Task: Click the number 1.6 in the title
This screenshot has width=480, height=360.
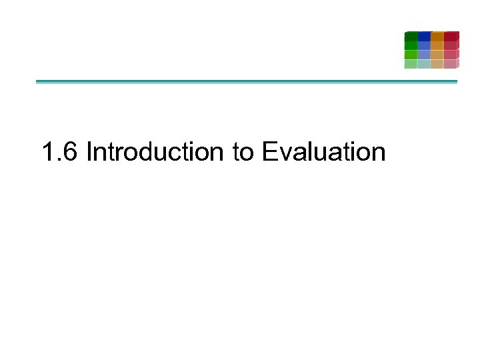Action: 60,152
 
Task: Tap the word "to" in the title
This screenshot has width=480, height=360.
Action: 243,152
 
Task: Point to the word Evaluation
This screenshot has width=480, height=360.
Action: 323,152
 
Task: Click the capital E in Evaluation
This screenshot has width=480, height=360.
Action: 269,152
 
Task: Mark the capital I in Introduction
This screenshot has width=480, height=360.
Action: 89,152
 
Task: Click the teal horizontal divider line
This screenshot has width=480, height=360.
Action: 247,82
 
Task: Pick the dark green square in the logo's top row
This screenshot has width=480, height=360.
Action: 411,36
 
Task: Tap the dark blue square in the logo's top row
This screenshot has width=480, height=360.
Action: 424,36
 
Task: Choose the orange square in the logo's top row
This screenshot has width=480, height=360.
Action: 437,36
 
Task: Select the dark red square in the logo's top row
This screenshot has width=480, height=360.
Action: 451,36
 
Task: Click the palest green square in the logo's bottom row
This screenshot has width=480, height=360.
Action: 411,64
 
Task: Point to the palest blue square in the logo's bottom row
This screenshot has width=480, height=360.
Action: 424,64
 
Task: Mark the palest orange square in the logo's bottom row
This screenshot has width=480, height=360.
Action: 437,64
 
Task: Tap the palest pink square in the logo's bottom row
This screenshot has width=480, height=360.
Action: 451,64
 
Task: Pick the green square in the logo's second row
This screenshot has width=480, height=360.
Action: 411,45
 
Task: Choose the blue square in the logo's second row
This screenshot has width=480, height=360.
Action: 424,45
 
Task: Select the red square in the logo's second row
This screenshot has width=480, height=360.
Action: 451,45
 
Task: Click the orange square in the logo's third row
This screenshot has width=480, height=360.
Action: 437,55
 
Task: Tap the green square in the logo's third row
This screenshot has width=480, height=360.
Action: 411,55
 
